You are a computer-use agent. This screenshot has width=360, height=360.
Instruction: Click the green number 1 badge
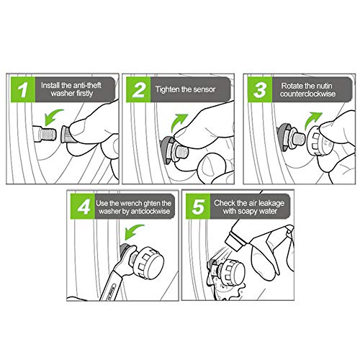[23, 89]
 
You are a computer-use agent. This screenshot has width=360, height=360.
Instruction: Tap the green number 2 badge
[138, 89]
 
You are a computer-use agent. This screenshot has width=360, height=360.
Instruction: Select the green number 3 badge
[260, 89]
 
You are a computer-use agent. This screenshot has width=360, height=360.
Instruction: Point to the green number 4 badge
[83, 207]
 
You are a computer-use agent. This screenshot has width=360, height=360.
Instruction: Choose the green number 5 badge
[198, 207]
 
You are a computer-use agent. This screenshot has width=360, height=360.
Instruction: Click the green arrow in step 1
[53, 117]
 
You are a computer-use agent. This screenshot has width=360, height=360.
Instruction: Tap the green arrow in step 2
[179, 122]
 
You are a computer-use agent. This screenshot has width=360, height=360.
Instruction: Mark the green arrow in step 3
[312, 120]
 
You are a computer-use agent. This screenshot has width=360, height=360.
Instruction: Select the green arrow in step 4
[133, 232]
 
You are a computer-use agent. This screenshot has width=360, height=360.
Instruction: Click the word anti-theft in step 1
[87, 85]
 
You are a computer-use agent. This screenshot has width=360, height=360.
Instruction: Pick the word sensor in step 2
[204, 89]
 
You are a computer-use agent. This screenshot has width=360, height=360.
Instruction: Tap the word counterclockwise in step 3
[307, 94]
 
